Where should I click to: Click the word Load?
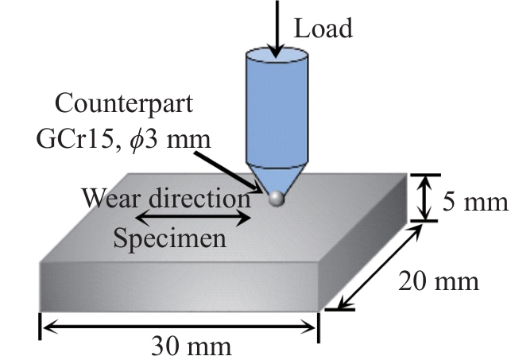click(323, 29)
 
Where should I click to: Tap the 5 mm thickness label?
click(474, 203)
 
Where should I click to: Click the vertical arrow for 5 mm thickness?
click(426, 198)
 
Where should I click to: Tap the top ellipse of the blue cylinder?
click(275, 56)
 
